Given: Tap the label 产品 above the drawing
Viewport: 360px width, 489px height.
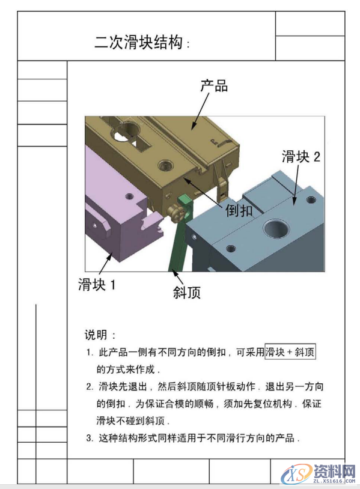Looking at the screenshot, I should click(x=214, y=86).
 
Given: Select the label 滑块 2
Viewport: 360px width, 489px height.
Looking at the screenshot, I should click(x=301, y=157).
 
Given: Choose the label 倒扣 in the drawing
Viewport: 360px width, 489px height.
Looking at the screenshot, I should click(x=239, y=211).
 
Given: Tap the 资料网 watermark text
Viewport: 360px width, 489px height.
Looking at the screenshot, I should click(x=334, y=470).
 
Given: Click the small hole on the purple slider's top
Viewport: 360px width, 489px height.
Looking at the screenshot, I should click(x=129, y=195).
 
